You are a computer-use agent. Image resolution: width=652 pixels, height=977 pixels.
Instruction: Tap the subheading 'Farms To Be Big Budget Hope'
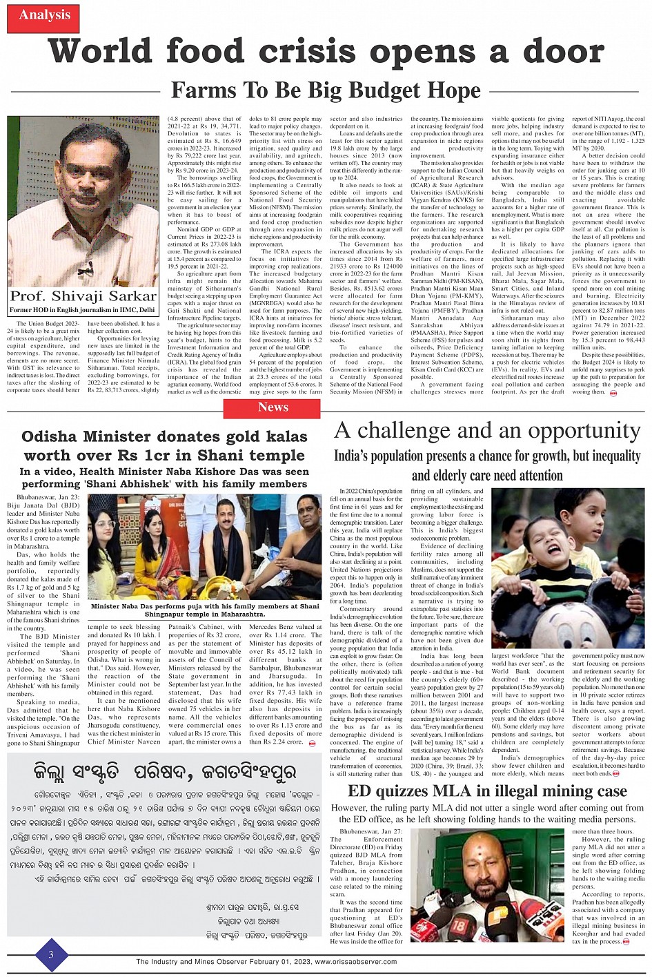pyautogui.click(x=326, y=90)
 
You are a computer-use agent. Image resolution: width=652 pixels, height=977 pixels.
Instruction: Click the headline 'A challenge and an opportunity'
pyautogui.click(x=487, y=430)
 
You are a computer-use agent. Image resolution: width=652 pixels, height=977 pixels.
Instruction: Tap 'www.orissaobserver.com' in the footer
pyautogui.click(x=355, y=962)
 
